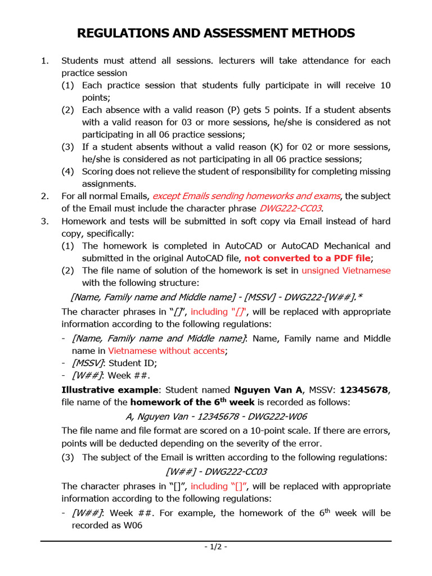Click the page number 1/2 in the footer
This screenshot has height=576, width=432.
click(215, 547)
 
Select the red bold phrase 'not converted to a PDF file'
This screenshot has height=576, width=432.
click(308, 258)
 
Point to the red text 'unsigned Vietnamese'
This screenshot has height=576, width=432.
click(346, 271)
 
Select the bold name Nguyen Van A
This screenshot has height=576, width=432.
click(268, 390)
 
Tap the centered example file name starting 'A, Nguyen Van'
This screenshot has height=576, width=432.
click(216, 416)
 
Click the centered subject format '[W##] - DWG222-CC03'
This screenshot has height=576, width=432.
click(216, 471)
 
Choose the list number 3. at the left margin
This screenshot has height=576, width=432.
click(45, 221)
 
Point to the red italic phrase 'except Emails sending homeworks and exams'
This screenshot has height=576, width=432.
click(246, 196)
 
